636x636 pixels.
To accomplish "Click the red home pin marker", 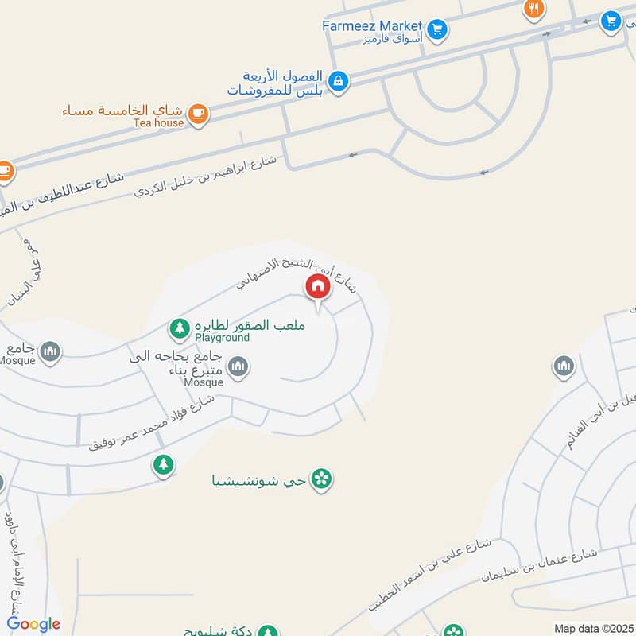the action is pos(317,287).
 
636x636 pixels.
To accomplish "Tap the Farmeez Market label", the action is pos(372,26).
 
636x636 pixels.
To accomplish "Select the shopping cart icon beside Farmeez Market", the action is pos(436,30).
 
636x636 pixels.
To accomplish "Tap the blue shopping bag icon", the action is pos(339,81).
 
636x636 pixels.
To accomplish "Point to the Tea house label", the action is pos(158,123).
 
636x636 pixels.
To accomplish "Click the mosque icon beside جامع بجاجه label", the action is pos(238,366).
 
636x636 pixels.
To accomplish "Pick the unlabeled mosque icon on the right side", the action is pos(564,366).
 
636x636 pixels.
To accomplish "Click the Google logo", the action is pos(33,624).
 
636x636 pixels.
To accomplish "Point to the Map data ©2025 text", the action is pos(593,628).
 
